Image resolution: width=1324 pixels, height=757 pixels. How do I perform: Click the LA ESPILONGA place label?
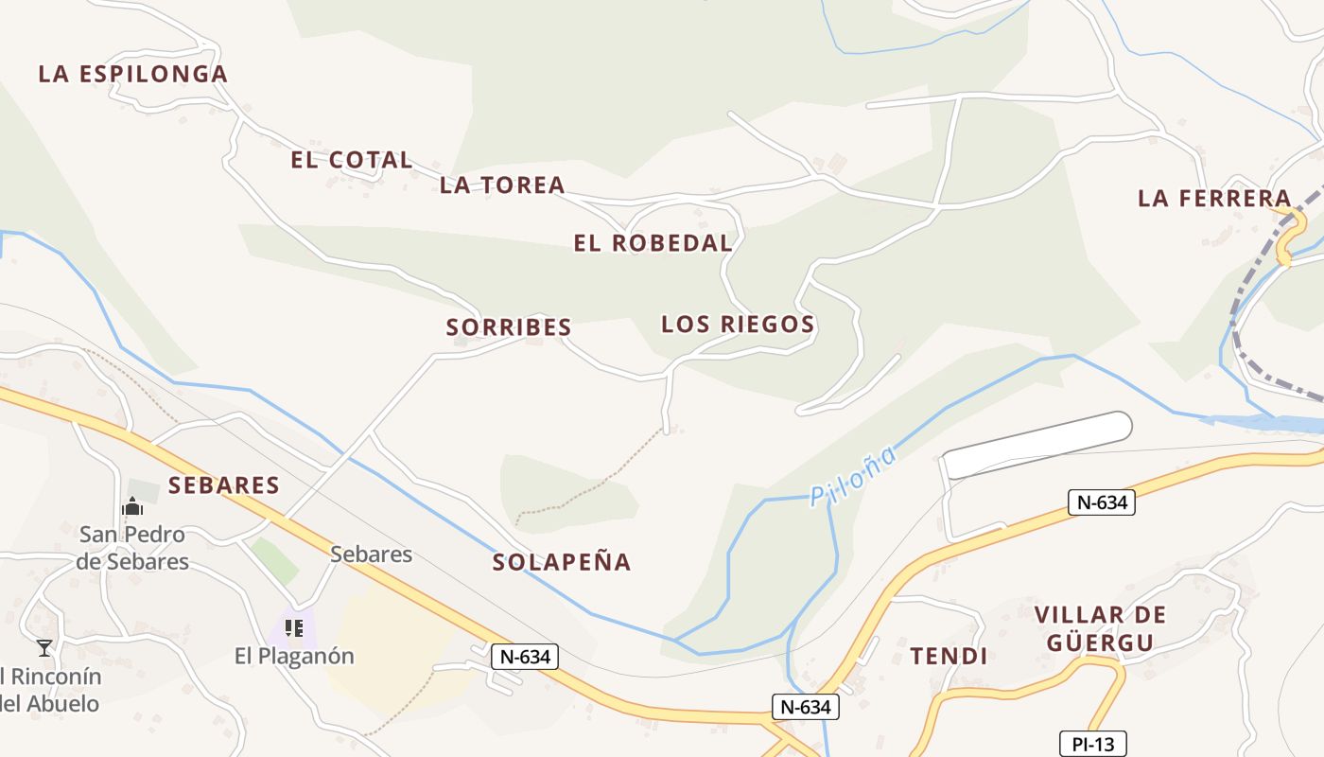132,74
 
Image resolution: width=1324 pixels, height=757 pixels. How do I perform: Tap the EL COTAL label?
351,160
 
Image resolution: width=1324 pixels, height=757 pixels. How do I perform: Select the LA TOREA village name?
502,185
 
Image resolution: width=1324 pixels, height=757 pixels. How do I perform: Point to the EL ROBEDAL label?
653,243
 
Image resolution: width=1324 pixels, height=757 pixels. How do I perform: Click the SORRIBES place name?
509,327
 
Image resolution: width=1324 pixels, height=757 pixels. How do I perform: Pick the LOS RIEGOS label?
738,325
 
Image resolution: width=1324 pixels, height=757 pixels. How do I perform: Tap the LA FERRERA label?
1214,198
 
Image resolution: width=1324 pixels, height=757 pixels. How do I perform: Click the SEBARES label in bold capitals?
224,485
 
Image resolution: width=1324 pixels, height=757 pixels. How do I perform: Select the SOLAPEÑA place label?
562,562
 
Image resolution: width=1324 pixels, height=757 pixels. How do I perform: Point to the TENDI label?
949,656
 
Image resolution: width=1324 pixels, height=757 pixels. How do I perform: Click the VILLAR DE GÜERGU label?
1101,629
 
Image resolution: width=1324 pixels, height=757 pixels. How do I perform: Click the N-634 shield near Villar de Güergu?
1102,502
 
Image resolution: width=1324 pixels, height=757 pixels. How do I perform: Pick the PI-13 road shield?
1092,745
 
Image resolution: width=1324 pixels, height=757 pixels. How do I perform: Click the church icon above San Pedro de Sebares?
131,507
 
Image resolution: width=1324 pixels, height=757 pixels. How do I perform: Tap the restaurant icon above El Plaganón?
293,627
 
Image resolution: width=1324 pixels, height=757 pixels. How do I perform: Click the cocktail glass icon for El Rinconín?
44,648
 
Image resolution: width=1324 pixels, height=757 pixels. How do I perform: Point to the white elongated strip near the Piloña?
1038,444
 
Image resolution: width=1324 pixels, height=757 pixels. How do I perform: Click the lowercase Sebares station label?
371,554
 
